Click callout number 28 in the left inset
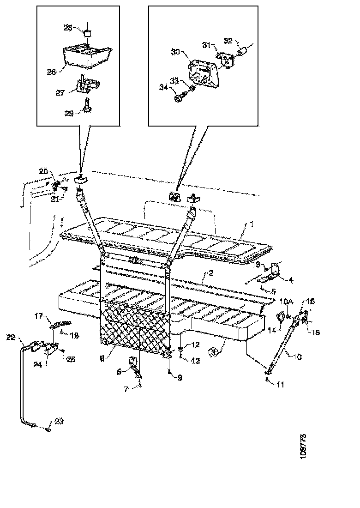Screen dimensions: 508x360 (67, 28)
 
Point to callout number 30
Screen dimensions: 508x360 (175, 52)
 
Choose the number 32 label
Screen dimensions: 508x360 (228, 41)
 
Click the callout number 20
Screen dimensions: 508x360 (43, 171)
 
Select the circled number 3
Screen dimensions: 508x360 (212, 353)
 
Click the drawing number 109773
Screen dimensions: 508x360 (303, 445)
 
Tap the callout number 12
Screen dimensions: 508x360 (195, 345)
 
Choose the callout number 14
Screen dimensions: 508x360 (271, 331)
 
